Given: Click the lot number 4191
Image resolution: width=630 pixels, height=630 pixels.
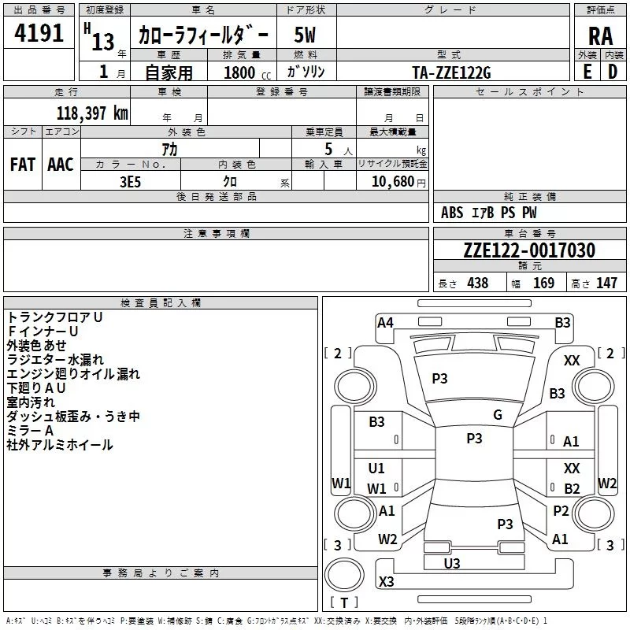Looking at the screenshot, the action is click(39, 33).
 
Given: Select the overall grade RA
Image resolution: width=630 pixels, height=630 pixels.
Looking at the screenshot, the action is click(600, 36).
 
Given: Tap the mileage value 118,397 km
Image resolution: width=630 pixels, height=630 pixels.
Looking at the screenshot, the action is click(92, 113).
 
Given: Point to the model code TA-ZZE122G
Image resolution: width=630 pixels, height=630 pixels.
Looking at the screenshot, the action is click(451, 72).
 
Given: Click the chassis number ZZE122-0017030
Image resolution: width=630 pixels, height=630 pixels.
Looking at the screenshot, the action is click(529, 250).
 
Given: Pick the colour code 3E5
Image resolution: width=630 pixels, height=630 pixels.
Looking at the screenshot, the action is click(130, 182).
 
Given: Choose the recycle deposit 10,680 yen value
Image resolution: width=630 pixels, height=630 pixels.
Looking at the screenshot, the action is click(398, 182).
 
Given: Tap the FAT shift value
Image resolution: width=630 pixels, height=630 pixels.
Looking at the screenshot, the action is click(23, 165).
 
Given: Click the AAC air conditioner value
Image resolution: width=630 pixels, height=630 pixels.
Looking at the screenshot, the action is click(61, 165).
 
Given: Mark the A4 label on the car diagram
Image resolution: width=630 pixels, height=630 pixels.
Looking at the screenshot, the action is click(385, 322).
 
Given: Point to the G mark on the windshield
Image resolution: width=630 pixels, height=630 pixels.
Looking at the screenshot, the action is click(498, 414).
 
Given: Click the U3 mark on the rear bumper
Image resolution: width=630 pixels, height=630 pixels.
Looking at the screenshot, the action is click(452, 563).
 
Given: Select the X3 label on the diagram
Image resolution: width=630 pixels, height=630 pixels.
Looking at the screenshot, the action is click(386, 581).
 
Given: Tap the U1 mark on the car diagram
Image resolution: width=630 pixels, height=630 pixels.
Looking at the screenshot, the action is click(376, 468).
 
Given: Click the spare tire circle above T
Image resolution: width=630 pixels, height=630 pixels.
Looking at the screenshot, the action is click(344, 575).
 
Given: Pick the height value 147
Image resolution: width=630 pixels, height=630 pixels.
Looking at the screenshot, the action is click(606, 283).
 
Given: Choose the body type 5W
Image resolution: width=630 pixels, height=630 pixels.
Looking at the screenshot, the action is click(305, 35).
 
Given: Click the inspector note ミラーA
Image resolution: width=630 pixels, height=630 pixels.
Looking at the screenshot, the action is click(30, 431).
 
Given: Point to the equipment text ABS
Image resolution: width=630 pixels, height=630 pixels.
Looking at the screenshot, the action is click(452, 213).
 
